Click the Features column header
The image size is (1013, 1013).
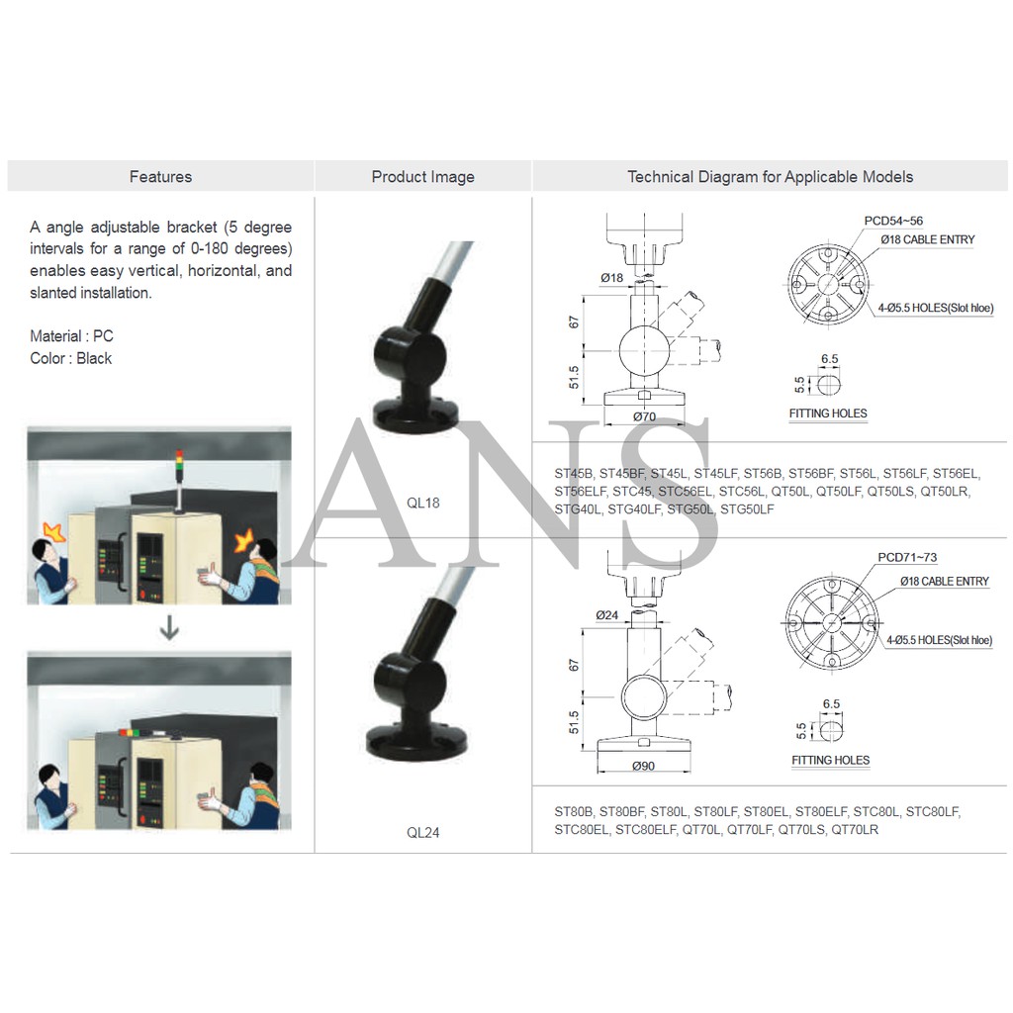pos(160,177)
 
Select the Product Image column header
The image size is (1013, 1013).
pos(422,177)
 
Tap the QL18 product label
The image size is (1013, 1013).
pos(422,503)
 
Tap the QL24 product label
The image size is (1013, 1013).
pos(422,833)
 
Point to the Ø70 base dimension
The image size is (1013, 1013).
pos(644,416)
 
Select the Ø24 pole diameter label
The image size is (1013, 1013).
pos(607,615)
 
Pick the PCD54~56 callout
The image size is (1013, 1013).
pos(893,221)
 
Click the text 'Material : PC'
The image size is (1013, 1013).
pos(71,336)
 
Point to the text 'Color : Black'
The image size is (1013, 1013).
pos(70,358)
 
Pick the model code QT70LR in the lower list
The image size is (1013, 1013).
pos(855,829)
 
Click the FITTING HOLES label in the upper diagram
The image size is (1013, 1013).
pos(828,414)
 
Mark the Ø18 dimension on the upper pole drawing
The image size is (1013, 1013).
pos(611,278)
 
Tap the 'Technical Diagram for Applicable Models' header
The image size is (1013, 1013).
pos(770,177)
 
